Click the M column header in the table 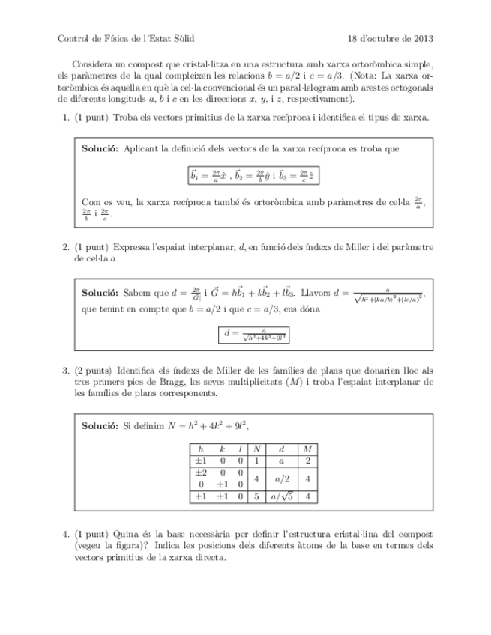click(308, 449)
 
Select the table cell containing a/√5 click(282, 496)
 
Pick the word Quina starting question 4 click(124, 534)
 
